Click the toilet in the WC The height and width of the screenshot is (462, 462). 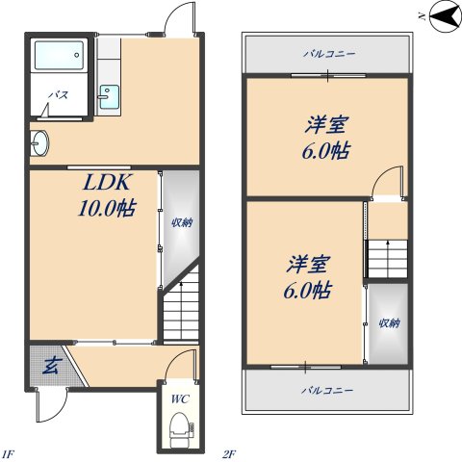pyautogui.click(x=182, y=430)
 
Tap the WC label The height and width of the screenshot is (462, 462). pyautogui.click(x=180, y=399)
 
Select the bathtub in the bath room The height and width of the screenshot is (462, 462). pyautogui.click(x=59, y=55)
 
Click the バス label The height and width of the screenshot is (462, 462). pyautogui.click(x=59, y=95)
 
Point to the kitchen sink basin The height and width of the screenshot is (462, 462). pyautogui.click(x=109, y=96)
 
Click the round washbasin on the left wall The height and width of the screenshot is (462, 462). pyautogui.click(x=39, y=142)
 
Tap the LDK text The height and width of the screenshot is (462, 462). pyautogui.click(x=107, y=182)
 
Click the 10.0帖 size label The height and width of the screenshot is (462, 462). pyautogui.click(x=107, y=208)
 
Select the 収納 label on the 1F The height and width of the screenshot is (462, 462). pyautogui.click(x=182, y=222)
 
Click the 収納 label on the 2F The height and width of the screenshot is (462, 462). pyautogui.click(x=390, y=323)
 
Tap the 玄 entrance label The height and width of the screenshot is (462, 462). pyautogui.click(x=51, y=367)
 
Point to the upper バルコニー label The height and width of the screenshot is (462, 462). pyautogui.click(x=329, y=53)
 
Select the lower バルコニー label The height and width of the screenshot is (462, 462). pyautogui.click(x=327, y=391)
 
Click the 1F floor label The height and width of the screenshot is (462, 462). pyautogui.click(x=9, y=454)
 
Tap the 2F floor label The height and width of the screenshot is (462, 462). pyautogui.click(x=229, y=454)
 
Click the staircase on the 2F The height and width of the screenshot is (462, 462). pyautogui.click(x=388, y=259)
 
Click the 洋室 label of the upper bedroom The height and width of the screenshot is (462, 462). pyautogui.click(x=325, y=125)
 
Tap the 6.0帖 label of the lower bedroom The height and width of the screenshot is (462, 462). pyautogui.click(x=307, y=291)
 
